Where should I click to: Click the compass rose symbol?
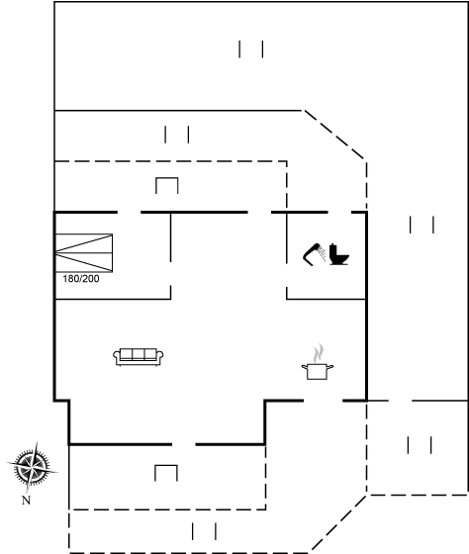[33, 467]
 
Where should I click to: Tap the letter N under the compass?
[26, 501]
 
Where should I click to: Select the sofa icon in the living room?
[139, 357]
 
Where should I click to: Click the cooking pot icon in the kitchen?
[318, 372]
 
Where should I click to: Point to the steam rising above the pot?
[318, 353]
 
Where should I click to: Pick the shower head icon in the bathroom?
[315, 253]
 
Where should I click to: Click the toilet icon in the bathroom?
[339, 254]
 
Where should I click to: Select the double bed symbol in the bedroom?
[84, 253]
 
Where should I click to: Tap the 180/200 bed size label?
[81, 279]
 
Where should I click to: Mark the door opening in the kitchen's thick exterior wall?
[323, 401]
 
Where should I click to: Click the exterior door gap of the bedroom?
[129, 213]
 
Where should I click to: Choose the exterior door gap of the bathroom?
[339, 213]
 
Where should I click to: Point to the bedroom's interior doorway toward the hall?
[171, 274]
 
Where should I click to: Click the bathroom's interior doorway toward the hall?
[287, 275]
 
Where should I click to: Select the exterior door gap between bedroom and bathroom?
[259, 213]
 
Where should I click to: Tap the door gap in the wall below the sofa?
[184, 444]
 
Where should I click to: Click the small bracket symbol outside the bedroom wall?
[167, 179]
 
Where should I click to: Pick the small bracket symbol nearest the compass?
[166, 466]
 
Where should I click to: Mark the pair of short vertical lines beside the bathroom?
[422, 225]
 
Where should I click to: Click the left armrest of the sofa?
[117, 356]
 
